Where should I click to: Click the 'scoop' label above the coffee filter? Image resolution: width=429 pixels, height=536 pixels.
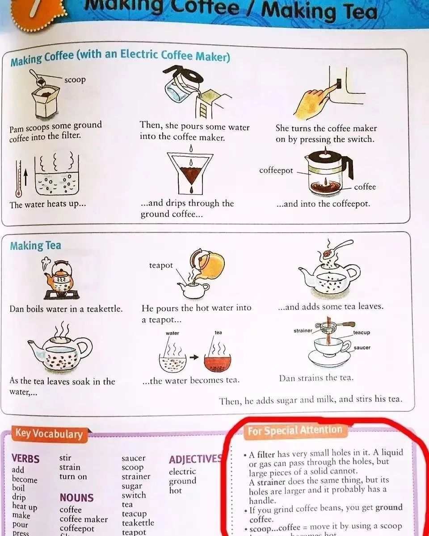click(x=75, y=80)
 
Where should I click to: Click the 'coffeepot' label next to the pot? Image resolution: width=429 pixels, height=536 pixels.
click(x=276, y=171)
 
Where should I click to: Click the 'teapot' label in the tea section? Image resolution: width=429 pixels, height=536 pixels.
click(x=161, y=266)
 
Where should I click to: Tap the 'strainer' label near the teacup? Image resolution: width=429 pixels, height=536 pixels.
click(x=303, y=331)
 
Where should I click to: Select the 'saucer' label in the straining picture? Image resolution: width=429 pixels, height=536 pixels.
click(x=362, y=348)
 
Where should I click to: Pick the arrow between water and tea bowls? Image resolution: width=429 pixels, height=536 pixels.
click(x=193, y=357)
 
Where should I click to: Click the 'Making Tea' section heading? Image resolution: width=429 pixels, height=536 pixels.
click(x=36, y=246)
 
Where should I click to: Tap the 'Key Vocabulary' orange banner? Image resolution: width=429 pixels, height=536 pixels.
click(x=49, y=434)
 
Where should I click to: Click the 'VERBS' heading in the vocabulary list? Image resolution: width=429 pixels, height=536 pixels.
click(x=25, y=459)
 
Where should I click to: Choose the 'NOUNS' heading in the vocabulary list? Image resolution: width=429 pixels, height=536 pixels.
click(x=76, y=498)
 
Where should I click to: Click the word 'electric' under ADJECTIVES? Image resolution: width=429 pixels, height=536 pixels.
click(x=182, y=472)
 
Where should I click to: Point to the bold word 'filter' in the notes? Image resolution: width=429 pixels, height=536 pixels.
click(x=266, y=455)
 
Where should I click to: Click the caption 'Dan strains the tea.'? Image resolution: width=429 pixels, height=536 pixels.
click(x=316, y=378)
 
